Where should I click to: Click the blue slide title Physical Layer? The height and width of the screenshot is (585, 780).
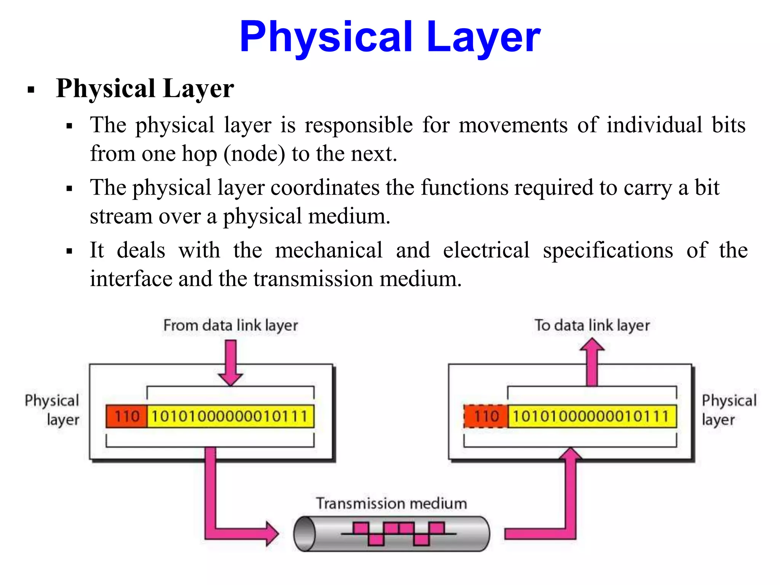point(390,37)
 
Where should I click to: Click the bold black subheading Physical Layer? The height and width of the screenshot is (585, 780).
point(145,88)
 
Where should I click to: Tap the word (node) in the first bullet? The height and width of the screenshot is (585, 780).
point(254,154)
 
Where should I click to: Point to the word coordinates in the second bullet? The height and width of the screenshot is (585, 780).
point(325,188)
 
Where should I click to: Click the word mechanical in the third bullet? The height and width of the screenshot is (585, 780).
point(329,250)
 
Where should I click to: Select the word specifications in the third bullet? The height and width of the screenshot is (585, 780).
point(608,250)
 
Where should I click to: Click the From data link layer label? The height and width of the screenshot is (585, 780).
point(230,326)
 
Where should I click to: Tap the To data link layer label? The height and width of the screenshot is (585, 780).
point(592,326)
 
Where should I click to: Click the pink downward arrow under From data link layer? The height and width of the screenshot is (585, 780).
point(230,362)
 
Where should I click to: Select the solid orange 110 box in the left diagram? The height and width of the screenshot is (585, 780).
point(126,416)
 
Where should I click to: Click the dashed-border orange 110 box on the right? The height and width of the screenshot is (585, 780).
point(486,416)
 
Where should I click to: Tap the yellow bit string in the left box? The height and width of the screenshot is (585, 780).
point(230,416)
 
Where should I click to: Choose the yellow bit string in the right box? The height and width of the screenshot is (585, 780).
point(592,416)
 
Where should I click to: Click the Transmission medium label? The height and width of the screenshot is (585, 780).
point(392,503)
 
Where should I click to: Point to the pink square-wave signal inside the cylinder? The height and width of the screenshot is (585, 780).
point(398,533)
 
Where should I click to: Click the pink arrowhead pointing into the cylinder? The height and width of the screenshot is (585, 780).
point(272,534)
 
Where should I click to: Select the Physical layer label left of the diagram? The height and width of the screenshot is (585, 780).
point(53,410)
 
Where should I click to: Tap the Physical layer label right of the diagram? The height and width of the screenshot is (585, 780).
point(728,410)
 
